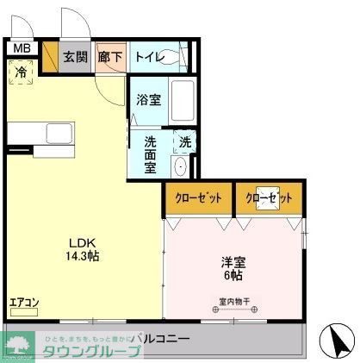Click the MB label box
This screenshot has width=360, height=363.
[22, 48]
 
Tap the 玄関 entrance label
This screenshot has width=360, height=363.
[75, 57]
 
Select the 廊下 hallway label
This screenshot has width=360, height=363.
[109, 57]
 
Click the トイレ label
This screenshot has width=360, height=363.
[143, 57]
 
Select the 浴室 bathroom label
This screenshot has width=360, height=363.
[148, 100]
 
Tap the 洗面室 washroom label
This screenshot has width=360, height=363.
[150, 153]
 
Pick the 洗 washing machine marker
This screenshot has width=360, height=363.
[184, 141]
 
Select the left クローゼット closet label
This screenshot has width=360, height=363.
[199, 198]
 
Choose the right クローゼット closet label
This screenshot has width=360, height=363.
[270, 198]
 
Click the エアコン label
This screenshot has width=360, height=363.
[23, 303]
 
